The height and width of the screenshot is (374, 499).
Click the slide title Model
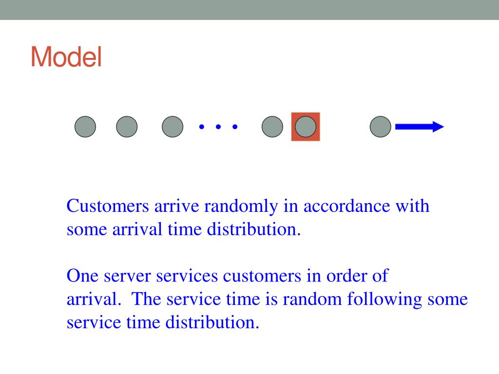coord(66,57)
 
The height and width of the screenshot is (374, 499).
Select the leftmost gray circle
coord(85,127)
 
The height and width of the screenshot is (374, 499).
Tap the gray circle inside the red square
coord(306,127)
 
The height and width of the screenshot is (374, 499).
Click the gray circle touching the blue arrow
coord(381,127)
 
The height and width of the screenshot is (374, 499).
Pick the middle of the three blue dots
coord(218,127)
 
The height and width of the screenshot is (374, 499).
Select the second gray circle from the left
coord(127,127)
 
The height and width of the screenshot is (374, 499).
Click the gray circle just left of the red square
coord(272,127)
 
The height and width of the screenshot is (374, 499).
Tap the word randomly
coord(241,206)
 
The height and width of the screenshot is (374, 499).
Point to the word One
coord(82,276)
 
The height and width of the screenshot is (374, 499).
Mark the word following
coord(384,299)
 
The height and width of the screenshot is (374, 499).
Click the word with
coord(412,206)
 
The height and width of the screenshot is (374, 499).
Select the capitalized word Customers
coord(108,206)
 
